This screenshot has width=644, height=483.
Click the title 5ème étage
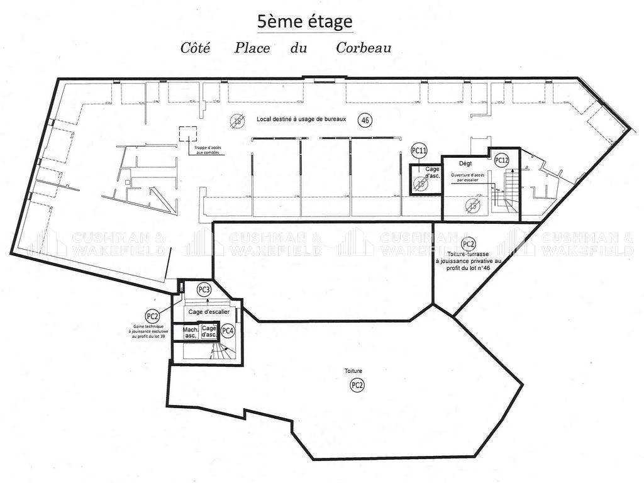304,21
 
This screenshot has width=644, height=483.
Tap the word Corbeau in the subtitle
364,48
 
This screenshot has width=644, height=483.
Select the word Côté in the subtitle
195,48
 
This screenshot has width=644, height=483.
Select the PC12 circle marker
501,160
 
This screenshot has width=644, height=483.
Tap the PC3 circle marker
203,289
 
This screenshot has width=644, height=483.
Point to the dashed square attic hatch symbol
187,134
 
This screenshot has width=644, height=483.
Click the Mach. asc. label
190,332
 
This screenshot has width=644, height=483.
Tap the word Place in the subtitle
252,48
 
